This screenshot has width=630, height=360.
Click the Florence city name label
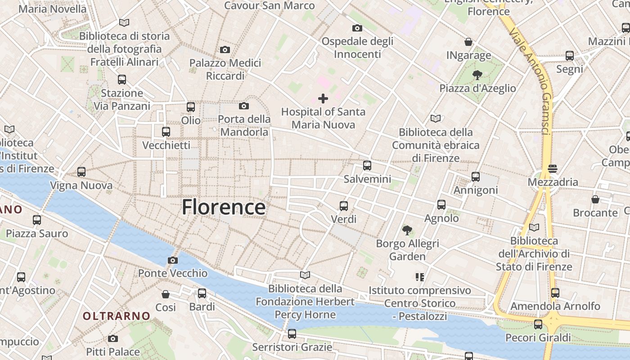(x=224, y=207)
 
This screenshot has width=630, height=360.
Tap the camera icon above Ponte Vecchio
(x=172, y=260)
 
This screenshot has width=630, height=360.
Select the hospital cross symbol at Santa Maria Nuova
(x=323, y=99)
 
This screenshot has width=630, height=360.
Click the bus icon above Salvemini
(x=367, y=166)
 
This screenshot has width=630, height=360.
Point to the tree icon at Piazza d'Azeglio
(x=477, y=75)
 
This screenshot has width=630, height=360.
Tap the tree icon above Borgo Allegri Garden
(x=407, y=230)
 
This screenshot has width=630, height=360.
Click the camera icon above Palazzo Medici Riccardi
(x=225, y=49)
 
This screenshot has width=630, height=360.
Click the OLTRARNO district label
(x=116, y=316)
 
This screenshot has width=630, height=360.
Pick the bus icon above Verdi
(x=344, y=206)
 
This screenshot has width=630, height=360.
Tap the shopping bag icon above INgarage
(x=468, y=42)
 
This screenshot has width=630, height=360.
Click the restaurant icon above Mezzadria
(x=553, y=169)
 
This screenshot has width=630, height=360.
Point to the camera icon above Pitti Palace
(x=113, y=338)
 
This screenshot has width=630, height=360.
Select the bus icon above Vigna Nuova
(x=81, y=172)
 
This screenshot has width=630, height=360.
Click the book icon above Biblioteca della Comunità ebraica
(x=436, y=119)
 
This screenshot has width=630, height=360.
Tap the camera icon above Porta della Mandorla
(x=244, y=106)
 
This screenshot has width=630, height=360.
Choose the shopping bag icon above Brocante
(x=595, y=199)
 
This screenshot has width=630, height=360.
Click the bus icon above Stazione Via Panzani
(x=122, y=80)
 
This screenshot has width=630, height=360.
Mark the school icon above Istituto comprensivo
(x=420, y=277)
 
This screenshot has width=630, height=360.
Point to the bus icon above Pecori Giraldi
(x=538, y=324)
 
